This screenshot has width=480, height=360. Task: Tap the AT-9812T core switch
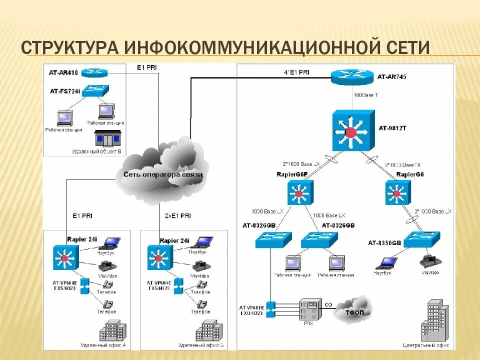(352, 131)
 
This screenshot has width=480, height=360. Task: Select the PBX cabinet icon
(310, 309)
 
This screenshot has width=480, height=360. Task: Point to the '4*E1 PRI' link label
(296, 72)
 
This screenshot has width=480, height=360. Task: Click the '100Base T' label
(366, 94)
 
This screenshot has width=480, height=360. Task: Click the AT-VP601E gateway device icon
(271, 309)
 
